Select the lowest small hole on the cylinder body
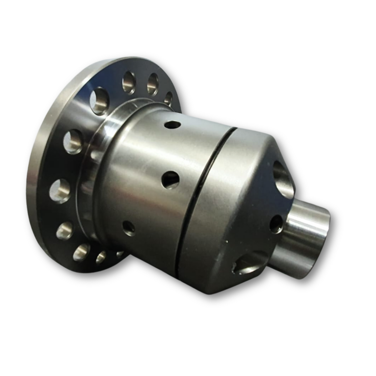pyautogui.click(x=129, y=228)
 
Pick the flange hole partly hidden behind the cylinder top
pyautogui.click(x=168, y=98)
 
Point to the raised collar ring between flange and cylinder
pyautogui.click(x=94, y=175)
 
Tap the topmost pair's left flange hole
pyautogui.click(x=129, y=82)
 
